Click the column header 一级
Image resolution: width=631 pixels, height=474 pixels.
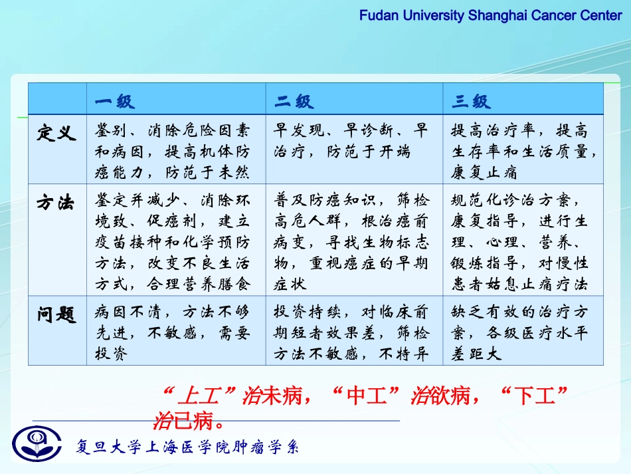click(114, 102)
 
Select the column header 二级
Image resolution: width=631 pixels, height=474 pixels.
click(294, 102)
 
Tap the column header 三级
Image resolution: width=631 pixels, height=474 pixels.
click(471, 102)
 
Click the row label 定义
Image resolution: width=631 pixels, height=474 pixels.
click(56, 132)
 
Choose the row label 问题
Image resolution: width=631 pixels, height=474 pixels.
click(56, 314)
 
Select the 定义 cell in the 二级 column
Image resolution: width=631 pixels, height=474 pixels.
click(353, 140)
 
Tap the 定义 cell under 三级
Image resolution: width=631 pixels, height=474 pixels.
click(523, 150)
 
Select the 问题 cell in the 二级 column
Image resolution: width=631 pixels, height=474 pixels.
click(353, 333)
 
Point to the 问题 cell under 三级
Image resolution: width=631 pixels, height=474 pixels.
click(523, 333)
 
